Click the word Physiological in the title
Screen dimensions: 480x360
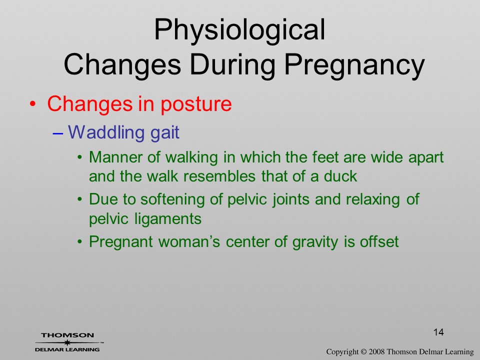pyautogui.click(x=239, y=30)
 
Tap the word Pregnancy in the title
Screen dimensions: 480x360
pyautogui.click(x=354, y=65)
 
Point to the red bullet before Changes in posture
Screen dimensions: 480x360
pyautogui.click(x=32, y=104)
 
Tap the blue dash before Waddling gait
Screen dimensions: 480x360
pyautogui.click(x=58, y=133)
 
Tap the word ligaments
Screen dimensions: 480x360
pyautogui.click(x=168, y=219)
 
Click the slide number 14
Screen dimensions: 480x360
pyautogui.click(x=438, y=332)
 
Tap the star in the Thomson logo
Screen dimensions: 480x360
pyautogui.click(x=66, y=342)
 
